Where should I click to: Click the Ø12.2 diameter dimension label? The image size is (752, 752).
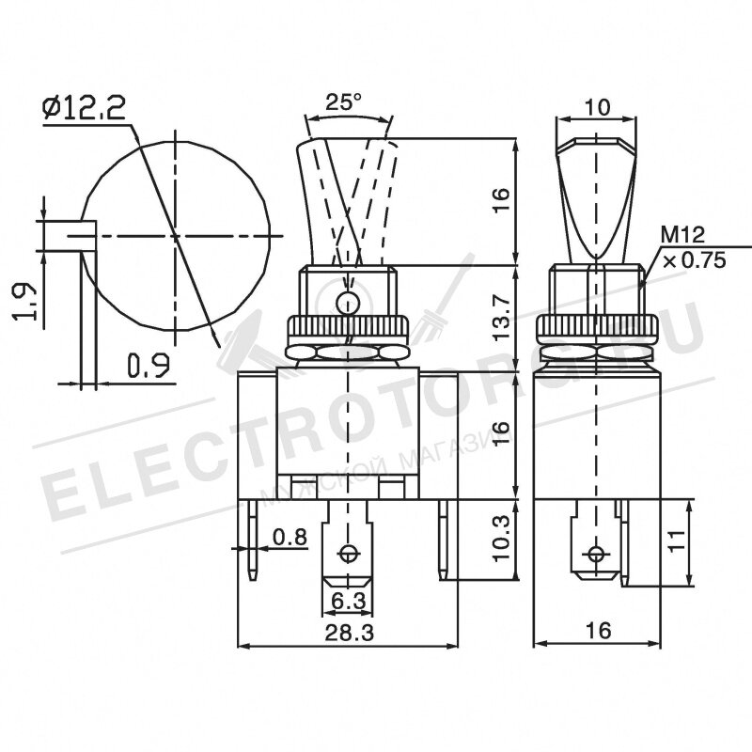85,110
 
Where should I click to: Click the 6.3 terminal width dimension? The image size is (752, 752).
347,600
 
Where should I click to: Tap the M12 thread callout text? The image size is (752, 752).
682,235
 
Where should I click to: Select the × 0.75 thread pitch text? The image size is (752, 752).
694,260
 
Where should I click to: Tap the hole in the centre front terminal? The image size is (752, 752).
350,553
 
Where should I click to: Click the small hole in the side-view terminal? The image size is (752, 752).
594,553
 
